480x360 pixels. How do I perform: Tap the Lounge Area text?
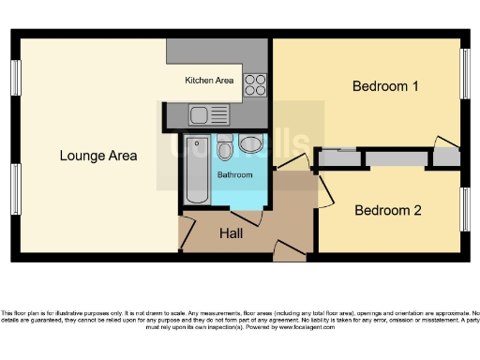(97, 156)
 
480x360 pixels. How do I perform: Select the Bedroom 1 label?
(384, 86)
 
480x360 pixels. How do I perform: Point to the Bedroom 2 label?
(387, 210)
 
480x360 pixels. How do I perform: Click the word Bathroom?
(234, 175)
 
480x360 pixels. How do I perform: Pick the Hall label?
(232, 232)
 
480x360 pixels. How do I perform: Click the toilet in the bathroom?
(250, 143)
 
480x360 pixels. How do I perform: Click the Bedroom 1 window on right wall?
(464, 71)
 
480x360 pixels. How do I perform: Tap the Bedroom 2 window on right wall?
(464, 208)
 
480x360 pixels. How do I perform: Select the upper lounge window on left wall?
(16, 77)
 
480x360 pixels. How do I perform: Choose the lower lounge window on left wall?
(16, 188)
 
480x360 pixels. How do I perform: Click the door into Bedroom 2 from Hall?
(322, 192)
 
